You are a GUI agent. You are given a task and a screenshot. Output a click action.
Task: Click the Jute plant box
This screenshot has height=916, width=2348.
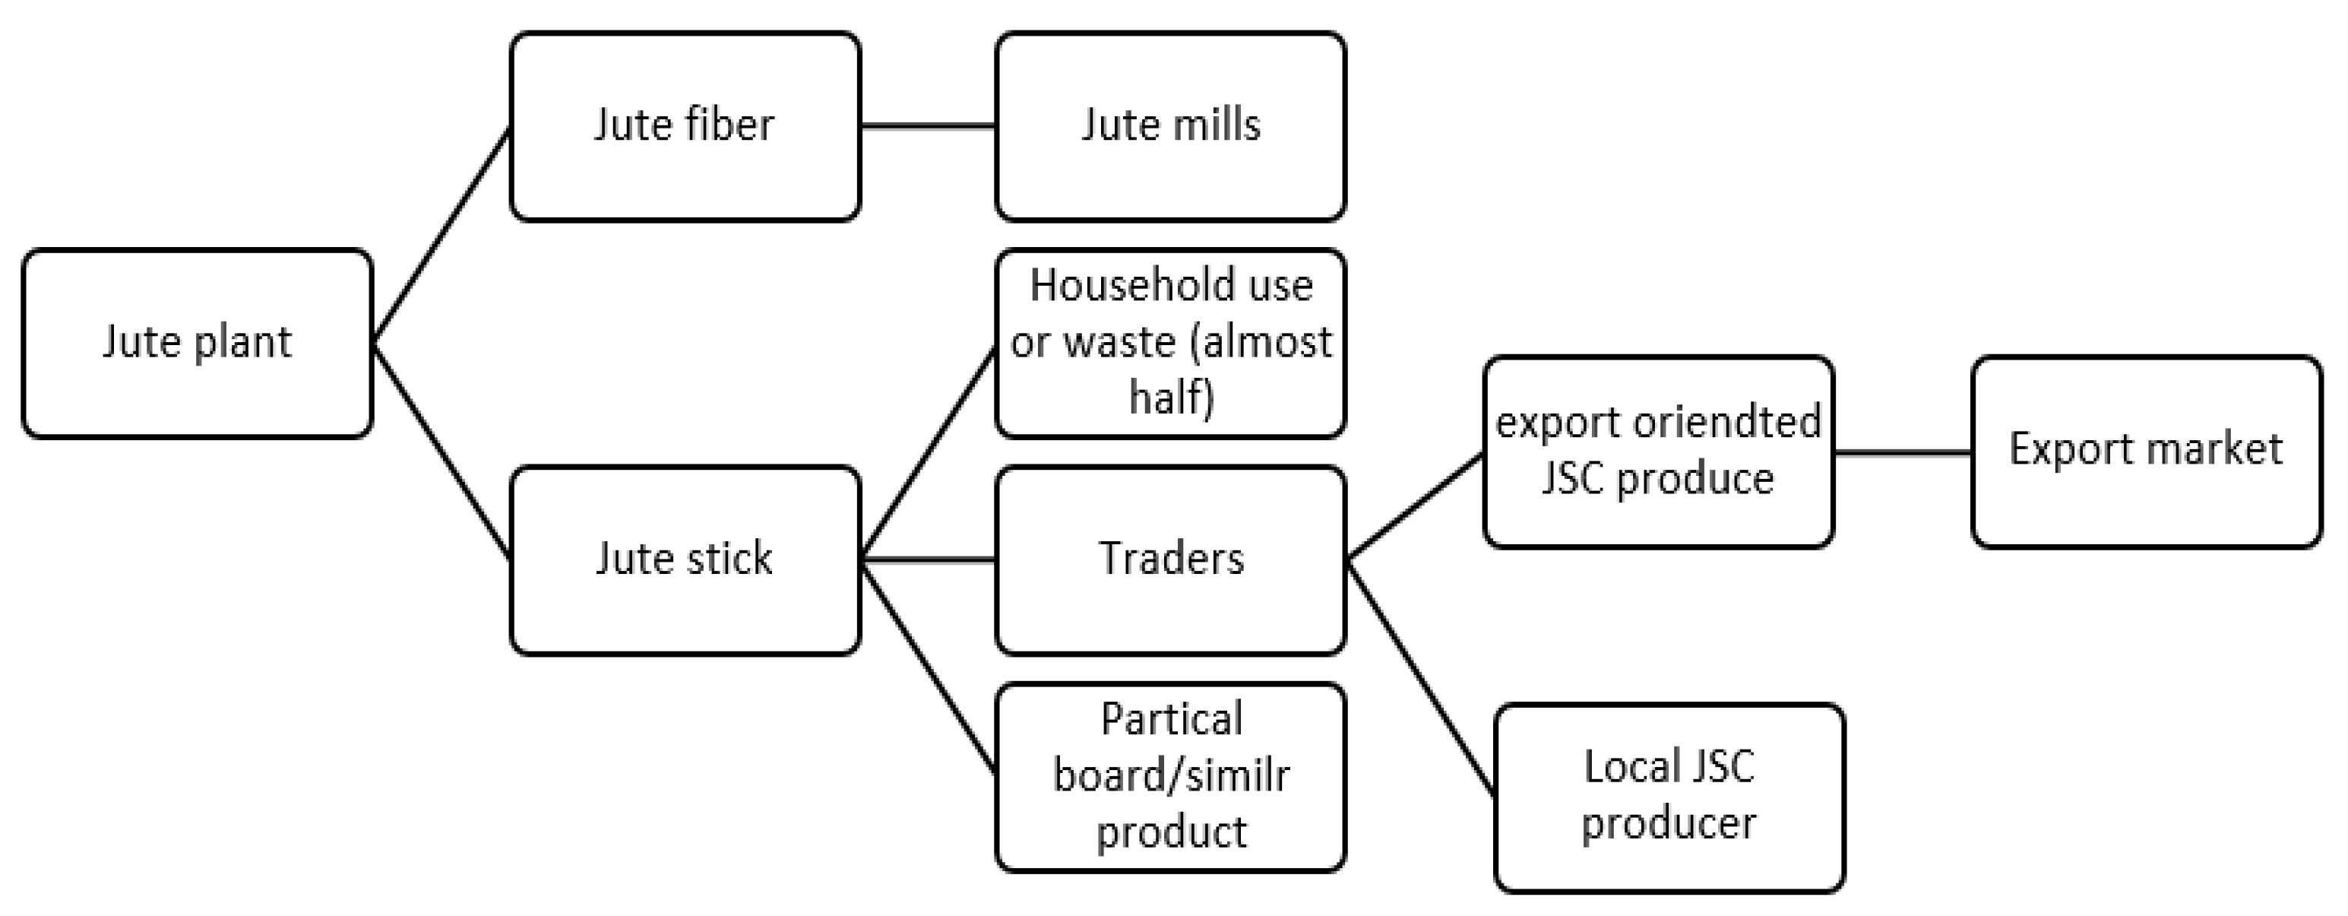click(197, 344)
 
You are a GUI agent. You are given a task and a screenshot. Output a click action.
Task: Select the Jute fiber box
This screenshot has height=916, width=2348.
click(685, 127)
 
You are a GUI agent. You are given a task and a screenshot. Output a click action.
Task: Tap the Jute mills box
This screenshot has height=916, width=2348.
click(1170, 127)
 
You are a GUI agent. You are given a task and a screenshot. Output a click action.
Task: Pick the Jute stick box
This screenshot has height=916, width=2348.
click(685, 559)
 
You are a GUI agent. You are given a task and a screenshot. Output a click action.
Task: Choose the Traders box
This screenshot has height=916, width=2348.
click(1170, 559)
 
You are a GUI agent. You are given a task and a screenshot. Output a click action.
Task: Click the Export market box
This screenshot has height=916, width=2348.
click(2147, 452)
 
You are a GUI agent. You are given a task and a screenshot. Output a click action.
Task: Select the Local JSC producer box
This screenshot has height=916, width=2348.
click(1669, 797)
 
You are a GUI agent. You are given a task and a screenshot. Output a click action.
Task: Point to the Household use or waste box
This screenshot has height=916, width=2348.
click(1170, 344)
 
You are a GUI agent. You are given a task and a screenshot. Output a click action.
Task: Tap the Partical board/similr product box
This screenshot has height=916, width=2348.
click(1170, 777)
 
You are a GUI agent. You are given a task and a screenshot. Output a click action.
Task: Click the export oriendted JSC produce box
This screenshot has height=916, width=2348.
click(1658, 452)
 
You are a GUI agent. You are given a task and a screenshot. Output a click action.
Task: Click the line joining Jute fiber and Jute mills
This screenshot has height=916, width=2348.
click(928, 127)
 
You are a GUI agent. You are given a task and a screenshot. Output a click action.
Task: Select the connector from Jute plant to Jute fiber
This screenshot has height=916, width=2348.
click(441, 235)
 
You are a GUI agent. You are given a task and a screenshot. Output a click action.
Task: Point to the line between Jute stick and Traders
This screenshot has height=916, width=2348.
click(928, 559)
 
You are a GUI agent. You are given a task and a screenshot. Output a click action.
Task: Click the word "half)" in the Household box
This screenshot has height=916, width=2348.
click(1171, 398)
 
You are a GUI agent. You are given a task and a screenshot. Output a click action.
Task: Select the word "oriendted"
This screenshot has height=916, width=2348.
click(1726, 423)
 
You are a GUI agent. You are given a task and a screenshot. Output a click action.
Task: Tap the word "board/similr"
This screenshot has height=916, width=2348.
click(1171, 775)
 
